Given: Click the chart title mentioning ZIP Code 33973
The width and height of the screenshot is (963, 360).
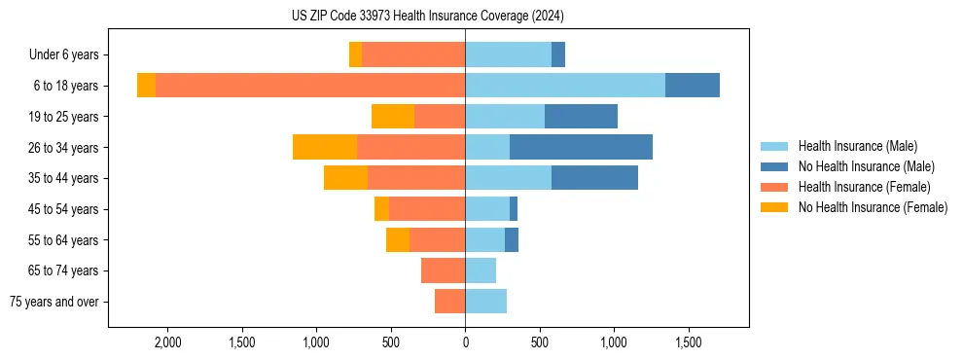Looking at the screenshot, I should tap(428, 17).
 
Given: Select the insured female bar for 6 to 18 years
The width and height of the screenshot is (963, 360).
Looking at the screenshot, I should tap(310, 86).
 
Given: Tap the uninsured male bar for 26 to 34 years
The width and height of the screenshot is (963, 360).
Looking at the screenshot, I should tap(581, 147).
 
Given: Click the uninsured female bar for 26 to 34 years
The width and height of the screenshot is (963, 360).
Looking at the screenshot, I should tap(325, 147).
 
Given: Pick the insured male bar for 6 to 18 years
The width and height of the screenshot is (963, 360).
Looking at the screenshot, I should tap(565, 86).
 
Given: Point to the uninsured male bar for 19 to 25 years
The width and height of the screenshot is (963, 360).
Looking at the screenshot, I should tap(581, 117).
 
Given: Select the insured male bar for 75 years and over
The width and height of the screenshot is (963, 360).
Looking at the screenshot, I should tap(486, 302).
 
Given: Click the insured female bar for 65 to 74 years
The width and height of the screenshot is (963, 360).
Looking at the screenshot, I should tap(444, 270).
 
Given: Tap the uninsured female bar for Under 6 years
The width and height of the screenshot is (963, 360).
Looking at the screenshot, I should tap(356, 55).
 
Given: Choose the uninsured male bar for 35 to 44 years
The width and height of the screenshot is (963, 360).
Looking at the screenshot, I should tap(594, 178).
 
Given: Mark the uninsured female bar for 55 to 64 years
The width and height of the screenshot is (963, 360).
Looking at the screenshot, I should tap(398, 239).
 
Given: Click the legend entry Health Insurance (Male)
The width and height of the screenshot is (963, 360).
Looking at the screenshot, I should tap(857, 146).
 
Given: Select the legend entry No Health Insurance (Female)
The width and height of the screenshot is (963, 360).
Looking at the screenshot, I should tap(873, 207).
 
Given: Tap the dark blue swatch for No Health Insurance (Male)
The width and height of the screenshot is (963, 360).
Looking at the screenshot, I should tap(775, 166).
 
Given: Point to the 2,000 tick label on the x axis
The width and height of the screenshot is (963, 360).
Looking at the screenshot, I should tap(167, 343).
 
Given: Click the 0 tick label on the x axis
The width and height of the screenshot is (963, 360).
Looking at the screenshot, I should tap(465, 343).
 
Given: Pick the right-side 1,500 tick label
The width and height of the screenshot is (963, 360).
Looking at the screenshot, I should tap(689, 343).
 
